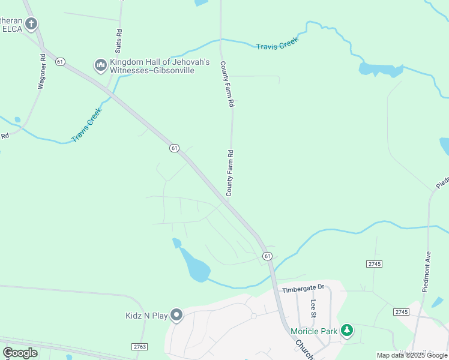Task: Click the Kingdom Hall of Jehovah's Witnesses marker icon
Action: coord(100,64)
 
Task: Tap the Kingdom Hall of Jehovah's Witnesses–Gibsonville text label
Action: coord(159,66)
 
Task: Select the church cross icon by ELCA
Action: coord(31,24)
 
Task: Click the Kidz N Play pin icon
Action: coord(176,314)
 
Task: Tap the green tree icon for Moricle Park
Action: coord(346,330)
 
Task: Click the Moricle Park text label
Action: coord(314,331)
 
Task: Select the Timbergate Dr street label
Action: coord(303,288)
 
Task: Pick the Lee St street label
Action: coord(313,308)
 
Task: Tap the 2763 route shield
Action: coord(139,347)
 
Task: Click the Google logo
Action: coord(20,353)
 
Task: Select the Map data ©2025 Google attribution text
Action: coord(412,355)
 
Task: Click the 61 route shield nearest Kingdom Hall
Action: coord(59,62)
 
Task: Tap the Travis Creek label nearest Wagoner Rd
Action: coord(87,125)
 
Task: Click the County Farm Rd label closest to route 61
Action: coord(229,173)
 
